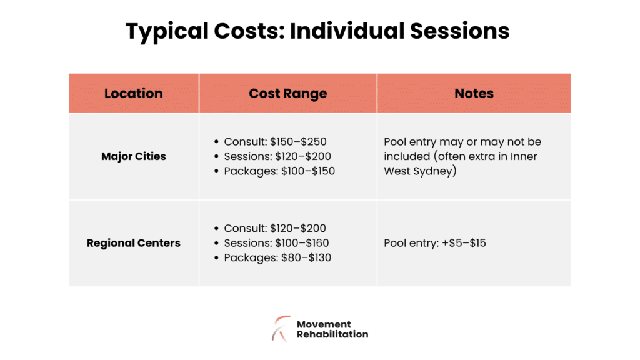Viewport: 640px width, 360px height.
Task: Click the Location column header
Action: [133, 94]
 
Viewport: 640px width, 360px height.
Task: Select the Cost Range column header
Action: [287, 94]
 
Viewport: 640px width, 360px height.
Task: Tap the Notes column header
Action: [474, 94]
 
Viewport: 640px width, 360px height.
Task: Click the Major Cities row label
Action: [133, 156]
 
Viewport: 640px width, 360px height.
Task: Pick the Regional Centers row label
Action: [133, 243]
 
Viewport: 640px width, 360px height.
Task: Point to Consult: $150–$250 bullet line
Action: [275, 142]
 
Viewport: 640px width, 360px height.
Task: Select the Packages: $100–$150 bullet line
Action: [279, 171]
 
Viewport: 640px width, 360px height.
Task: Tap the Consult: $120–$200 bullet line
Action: [275, 229]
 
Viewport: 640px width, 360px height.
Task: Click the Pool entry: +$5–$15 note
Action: [434, 243]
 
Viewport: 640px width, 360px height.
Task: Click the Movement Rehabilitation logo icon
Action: [281, 328]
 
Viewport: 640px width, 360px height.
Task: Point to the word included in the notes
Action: [406, 156]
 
